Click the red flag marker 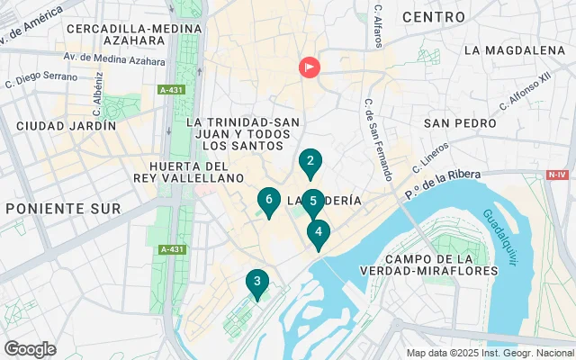[309, 67]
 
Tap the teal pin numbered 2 [310, 163]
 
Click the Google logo [30, 348]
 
